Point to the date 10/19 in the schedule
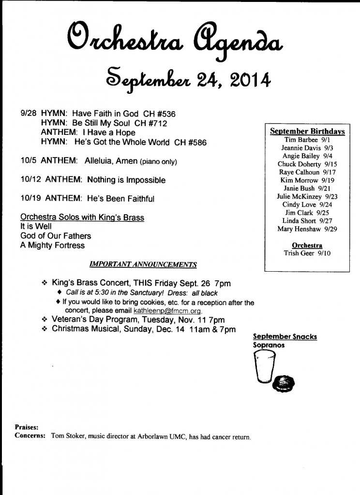coord(30,199)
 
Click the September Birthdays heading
coord(307,131)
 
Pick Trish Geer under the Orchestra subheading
coord(300,253)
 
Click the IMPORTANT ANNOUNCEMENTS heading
coord(143,265)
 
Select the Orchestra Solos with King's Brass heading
coord(82,218)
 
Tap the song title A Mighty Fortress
coord(52,245)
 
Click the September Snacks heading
coord(285,337)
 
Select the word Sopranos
coord(269,346)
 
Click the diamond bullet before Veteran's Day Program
coord(44,320)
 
